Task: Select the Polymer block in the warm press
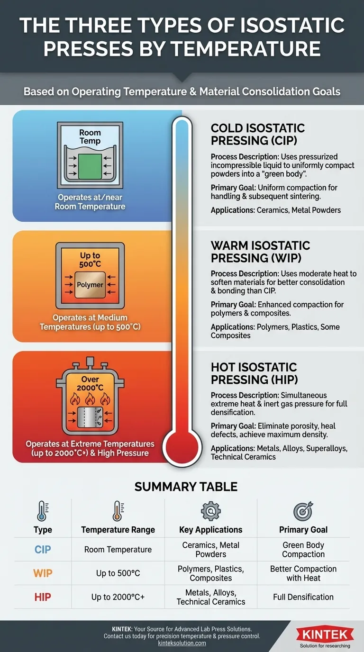[x=90, y=285]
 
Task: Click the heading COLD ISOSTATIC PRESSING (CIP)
[x=258, y=134]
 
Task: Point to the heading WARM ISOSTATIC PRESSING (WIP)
[x=260, y=252]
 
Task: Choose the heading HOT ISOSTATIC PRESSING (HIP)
[x=254, y=373]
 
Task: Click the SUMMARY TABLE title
[x=186, y=487]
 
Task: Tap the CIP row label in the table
[x=43, y=550]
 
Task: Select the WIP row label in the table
[x=43, y=573]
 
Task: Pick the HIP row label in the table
[x=43, y=597]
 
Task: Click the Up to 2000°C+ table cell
[x=118, y=597]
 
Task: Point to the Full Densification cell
[x=303, y=597]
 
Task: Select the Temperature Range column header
[x=118, y=530]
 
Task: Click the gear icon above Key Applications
[x=210, y=511]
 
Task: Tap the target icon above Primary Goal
[x=303, y=511]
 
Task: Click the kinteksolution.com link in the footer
[x=182, y=643]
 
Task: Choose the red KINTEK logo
[x=325, y=634]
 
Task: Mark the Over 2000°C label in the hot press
[x=90, y=383]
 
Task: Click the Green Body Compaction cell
[x=303, y=550]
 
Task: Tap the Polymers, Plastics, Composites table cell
[x=211, y=573]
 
